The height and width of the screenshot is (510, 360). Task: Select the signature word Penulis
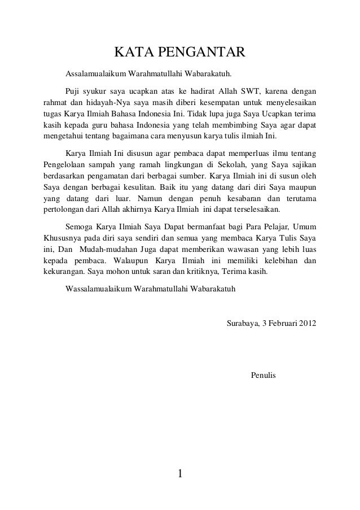[263, 375]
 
